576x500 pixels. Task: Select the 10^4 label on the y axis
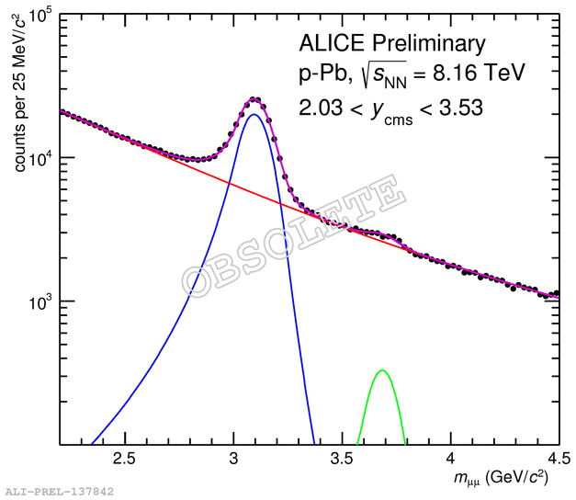coord(40,159)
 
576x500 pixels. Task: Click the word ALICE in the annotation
coord(330,43)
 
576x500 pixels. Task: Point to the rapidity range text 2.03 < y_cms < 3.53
coord(390,108)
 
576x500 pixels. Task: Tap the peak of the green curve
coord(382,370)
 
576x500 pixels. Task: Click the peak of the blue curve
coord(253,115)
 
